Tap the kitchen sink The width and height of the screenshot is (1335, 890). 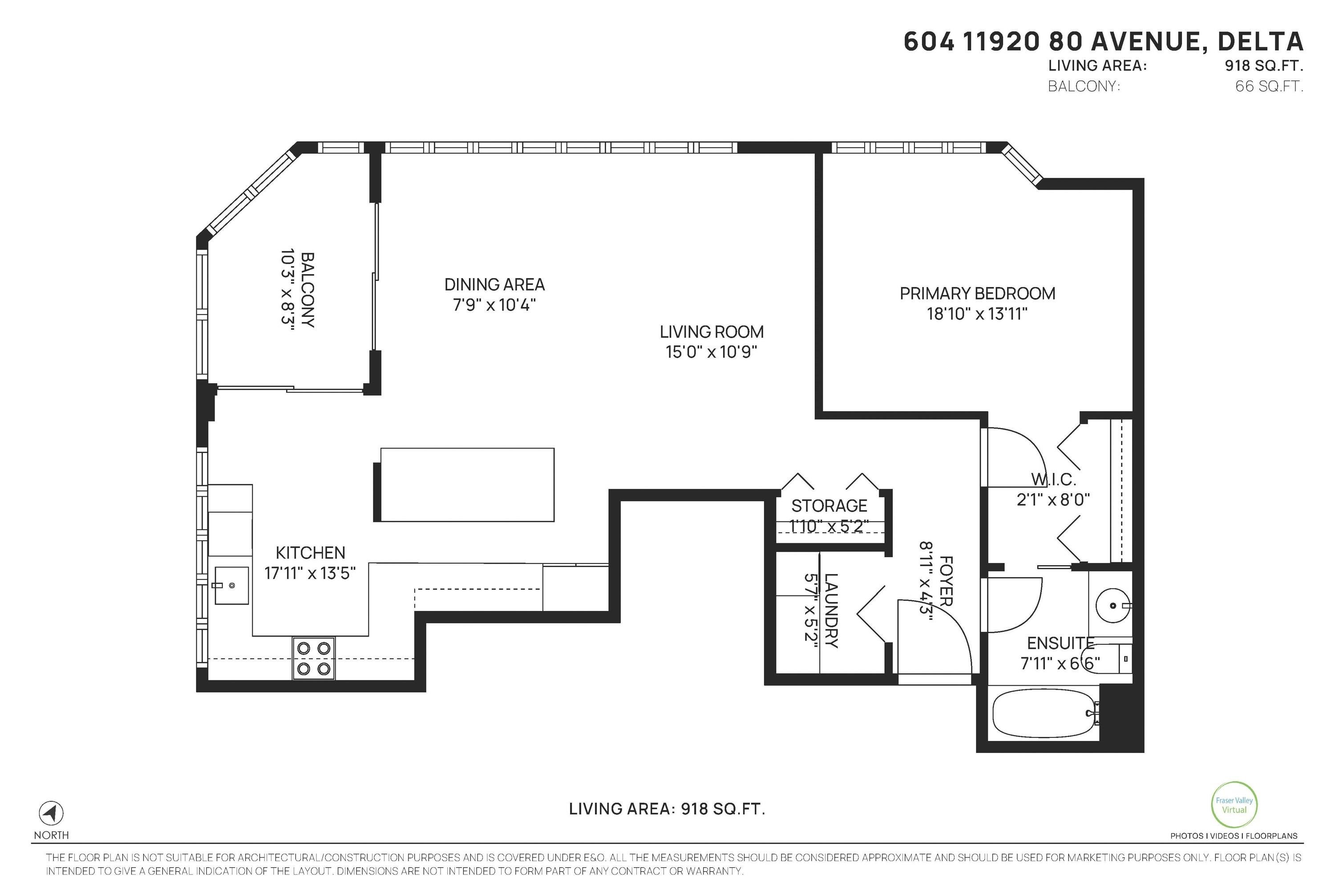click(231, 585)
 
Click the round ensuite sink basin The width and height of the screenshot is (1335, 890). click(1112, 606)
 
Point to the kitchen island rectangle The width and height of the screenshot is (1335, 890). click(466, 485)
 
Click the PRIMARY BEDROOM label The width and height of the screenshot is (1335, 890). click(977, 293)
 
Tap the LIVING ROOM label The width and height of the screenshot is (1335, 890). click(712, 332)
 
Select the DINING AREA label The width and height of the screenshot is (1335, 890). click(494, 284)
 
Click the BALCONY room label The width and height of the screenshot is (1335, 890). click(307, 290)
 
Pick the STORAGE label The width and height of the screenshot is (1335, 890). click(829, 505)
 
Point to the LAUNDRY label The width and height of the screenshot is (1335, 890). click(831, 610)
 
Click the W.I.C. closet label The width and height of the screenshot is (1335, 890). click(1053, 480)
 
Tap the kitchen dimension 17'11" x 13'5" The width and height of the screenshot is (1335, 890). click(310, 573)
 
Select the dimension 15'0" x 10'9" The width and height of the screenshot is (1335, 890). click(712, 352)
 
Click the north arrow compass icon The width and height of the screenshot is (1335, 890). click(51, 813)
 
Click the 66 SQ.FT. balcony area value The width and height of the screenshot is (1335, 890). click(1269, 87)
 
